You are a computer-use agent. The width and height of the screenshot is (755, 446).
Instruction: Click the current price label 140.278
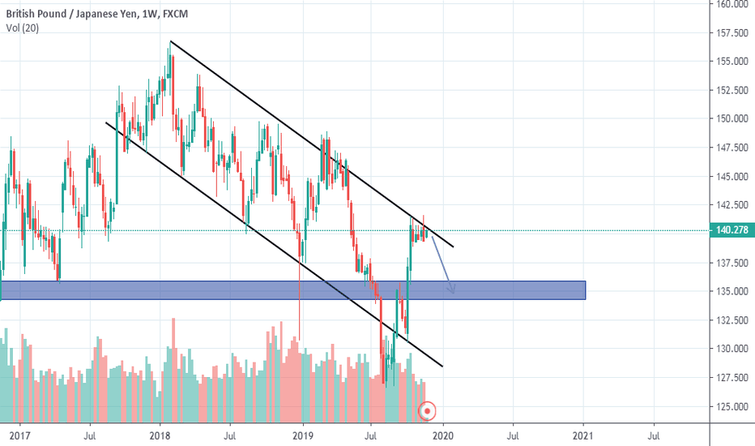(x=732, y=231)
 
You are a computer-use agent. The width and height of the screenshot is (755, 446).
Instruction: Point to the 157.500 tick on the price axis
(x=732, y=32)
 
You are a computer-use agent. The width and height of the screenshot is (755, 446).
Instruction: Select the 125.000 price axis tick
(x=732, y=406)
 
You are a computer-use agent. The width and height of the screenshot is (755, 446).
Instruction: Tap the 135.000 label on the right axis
(x=732, y=291)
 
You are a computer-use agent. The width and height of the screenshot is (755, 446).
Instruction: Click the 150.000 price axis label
(x=732, y=118)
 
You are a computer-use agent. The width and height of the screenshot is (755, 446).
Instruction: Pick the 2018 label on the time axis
(x=159, y=435)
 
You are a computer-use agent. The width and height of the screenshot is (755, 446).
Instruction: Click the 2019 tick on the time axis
(x=302, y=435)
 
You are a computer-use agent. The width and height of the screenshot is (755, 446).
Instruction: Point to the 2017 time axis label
(x=19, y=435)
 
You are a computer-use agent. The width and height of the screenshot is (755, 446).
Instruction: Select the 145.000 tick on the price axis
(x=732, y=176)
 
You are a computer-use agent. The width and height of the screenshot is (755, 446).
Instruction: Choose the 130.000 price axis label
(x=732, y=349)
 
